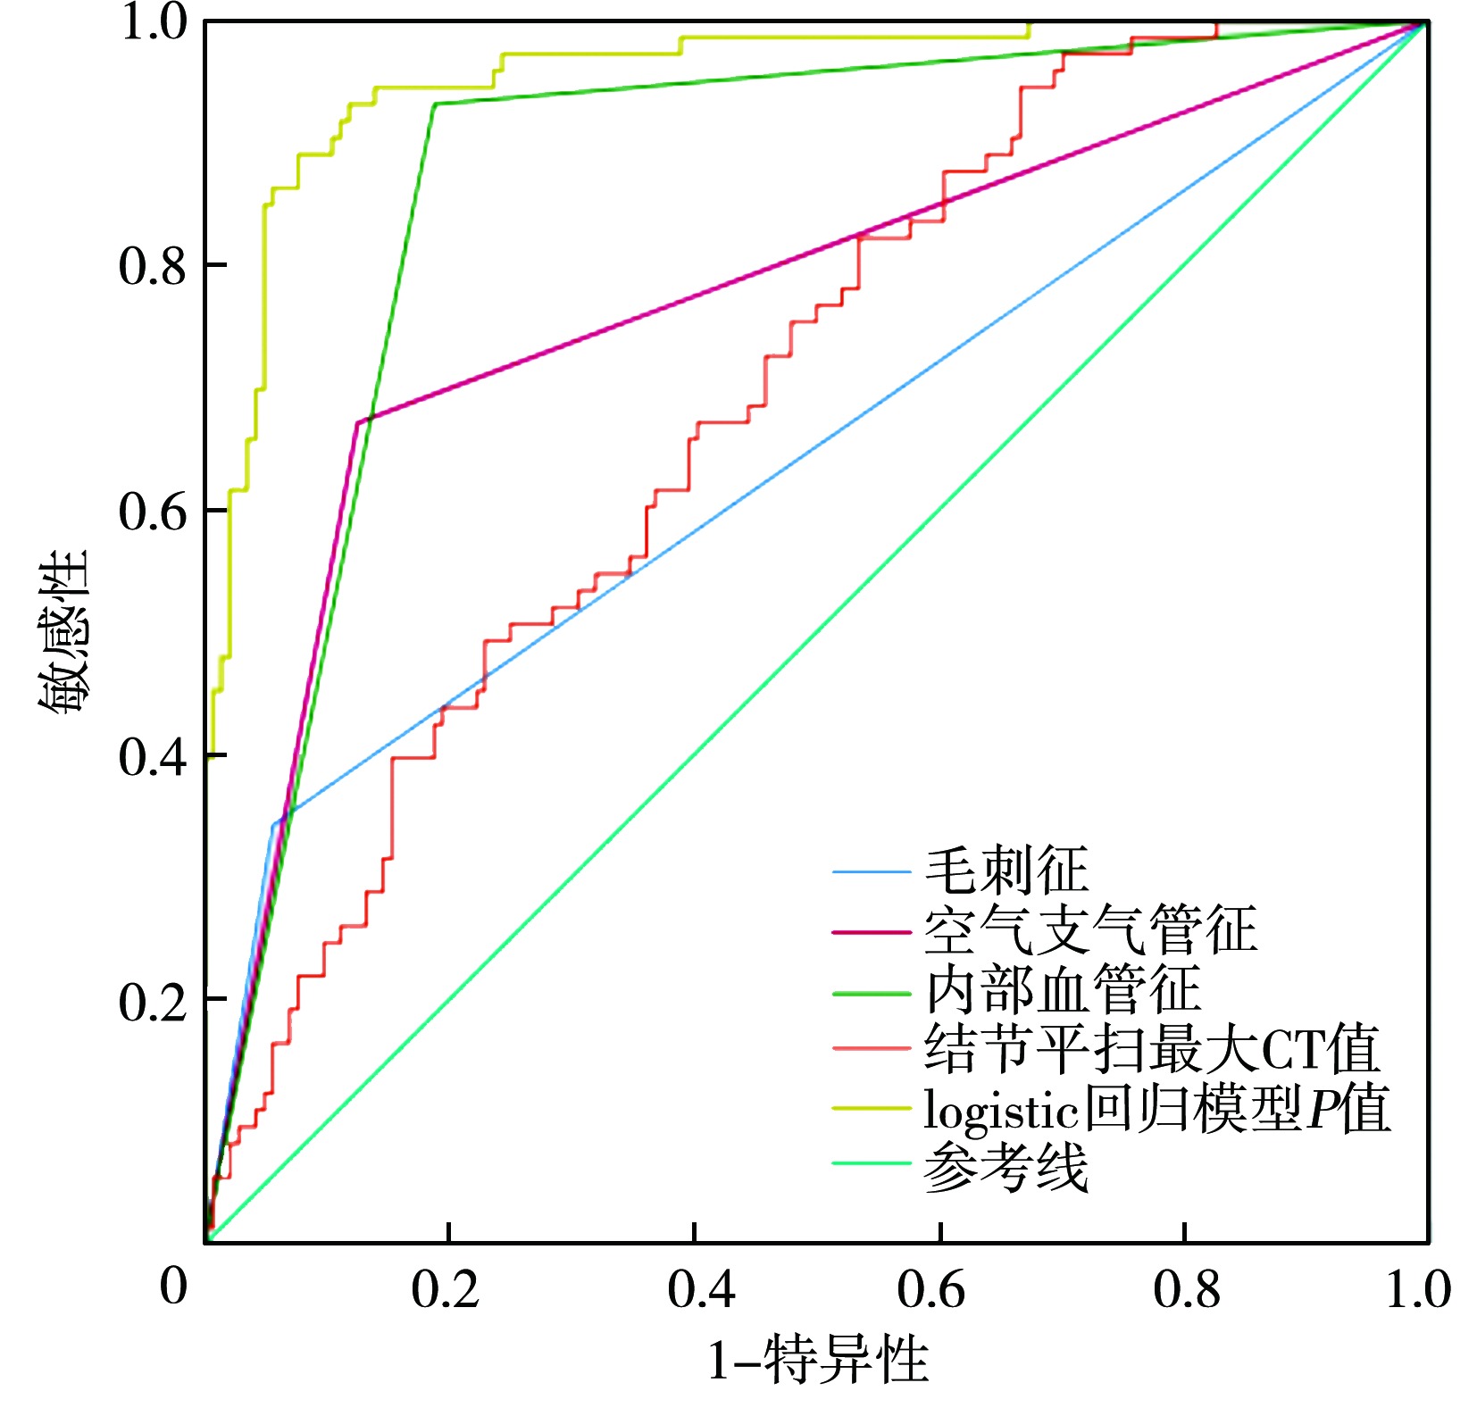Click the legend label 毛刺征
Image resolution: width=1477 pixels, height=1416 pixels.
1006,871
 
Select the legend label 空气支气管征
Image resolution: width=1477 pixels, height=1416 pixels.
1090,930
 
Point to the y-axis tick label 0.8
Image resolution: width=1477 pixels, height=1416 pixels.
153,265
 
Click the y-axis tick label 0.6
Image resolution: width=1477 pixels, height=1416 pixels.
153,511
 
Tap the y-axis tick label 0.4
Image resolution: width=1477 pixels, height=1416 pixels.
153,756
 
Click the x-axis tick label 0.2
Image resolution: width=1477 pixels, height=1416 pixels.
446,1289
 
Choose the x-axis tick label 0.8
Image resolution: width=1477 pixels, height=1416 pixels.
1187,1289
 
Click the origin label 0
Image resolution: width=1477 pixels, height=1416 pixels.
174,1286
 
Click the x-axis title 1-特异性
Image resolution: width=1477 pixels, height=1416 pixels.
818,1361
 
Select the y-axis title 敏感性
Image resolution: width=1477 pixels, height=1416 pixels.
64,630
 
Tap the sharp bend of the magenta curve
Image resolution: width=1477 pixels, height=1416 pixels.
358,421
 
